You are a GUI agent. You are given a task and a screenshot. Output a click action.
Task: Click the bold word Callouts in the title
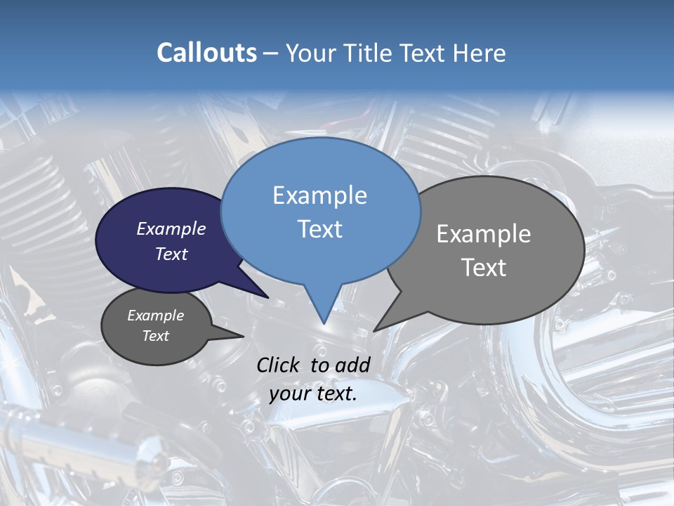[x=206, y=53]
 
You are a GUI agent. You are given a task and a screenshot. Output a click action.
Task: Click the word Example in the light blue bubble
[x=319, y=195]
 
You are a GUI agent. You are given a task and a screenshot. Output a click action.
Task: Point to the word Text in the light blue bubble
[x=319, y=229]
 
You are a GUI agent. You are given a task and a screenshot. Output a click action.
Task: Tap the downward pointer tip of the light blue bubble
[x=324, y=322]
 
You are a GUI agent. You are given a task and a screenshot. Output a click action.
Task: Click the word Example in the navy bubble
[x=171, y=228]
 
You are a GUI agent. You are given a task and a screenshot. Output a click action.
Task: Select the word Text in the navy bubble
[x=171, y=254]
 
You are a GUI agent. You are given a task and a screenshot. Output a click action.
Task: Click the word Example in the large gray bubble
[x=484, y=234]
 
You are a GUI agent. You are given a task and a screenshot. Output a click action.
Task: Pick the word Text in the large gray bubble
[x=484, y=268]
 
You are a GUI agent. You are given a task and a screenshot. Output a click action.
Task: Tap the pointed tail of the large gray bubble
[x=376, y=330]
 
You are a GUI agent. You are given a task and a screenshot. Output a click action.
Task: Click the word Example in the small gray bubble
[x=155, y=316]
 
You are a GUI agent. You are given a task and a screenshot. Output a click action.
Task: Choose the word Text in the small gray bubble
[x=155, y=336]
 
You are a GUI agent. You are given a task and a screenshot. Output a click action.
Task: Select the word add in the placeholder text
[x=352, y=365]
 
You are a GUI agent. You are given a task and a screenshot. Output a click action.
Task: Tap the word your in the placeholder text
[x=289, y=394]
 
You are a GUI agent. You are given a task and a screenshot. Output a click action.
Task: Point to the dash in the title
[x=271, y=53]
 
